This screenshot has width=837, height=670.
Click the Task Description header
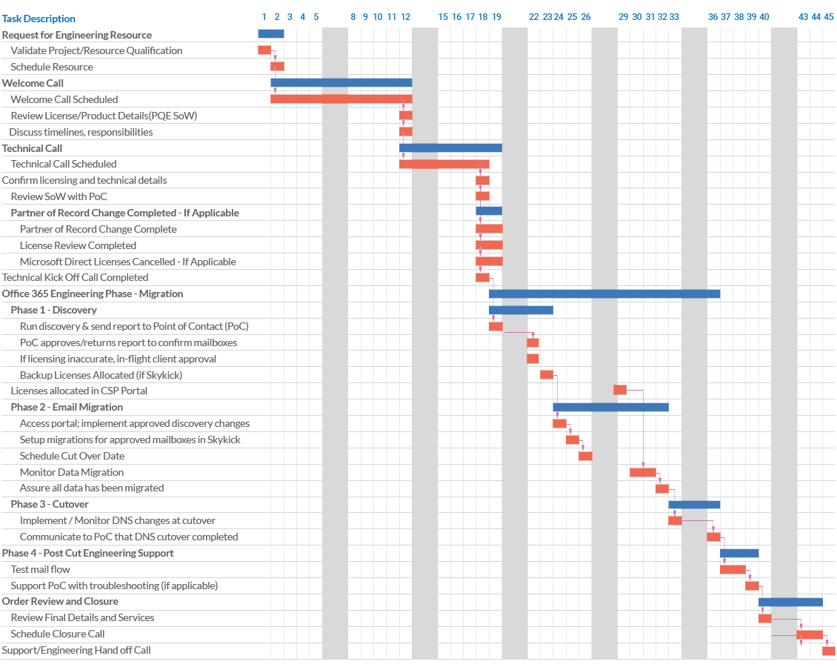(x=39, y=19)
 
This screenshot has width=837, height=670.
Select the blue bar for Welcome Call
(x=341, y=83)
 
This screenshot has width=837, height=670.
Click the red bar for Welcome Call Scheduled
(x=341, y=99)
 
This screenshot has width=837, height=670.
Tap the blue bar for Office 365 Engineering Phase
(x=604, y=294)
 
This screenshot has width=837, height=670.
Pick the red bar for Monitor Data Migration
(x=642, y=472)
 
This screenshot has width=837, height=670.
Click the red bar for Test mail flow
(x=733, y=569)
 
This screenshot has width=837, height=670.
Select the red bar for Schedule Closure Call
(x=809, y=634)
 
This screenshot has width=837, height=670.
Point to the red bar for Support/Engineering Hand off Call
(x=828, y=651)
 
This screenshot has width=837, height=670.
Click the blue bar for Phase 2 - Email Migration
(x=610, y=407)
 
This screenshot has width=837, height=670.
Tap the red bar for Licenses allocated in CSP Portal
(x=619, y=390)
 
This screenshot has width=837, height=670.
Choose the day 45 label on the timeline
(x=828, y=17)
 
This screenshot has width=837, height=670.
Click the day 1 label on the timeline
(x=264, y=17)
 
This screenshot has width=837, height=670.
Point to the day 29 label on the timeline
(x=623, y=17)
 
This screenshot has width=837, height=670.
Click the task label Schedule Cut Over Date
(x=72, y=457)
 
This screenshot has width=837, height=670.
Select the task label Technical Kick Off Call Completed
(x=75, y=278)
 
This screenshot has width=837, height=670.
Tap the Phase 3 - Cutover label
(x=50, y=505)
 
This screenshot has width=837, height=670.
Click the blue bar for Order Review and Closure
(x=790, y=602)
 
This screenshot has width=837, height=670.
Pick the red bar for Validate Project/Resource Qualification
(x=264, y=50)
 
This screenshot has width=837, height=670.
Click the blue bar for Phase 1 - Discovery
(x=520, y=310)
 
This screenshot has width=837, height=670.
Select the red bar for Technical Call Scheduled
(x=444, y=164)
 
